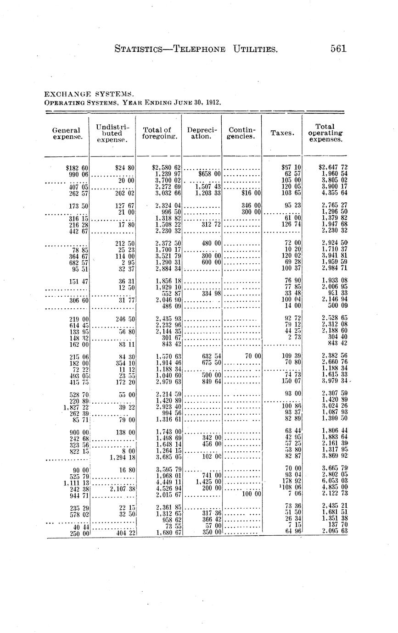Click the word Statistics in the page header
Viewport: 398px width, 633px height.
click(x=138, y=49)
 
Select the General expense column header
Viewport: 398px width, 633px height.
click(x=66, y=133)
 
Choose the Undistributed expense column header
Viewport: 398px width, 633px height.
click(x=112, y=133)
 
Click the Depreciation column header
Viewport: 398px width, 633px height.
click(x=201, y=133)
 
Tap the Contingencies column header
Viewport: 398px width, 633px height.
click(x=241, y=133)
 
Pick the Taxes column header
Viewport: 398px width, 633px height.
click(x=281, y=133)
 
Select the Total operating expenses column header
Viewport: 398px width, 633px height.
click(x=325, y=133)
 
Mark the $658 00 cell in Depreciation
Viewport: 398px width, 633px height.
click(x=210, y=174)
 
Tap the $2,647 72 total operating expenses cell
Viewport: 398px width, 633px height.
click(x=333, y=168)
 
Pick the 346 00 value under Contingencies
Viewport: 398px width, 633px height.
click(x=251, y=206)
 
